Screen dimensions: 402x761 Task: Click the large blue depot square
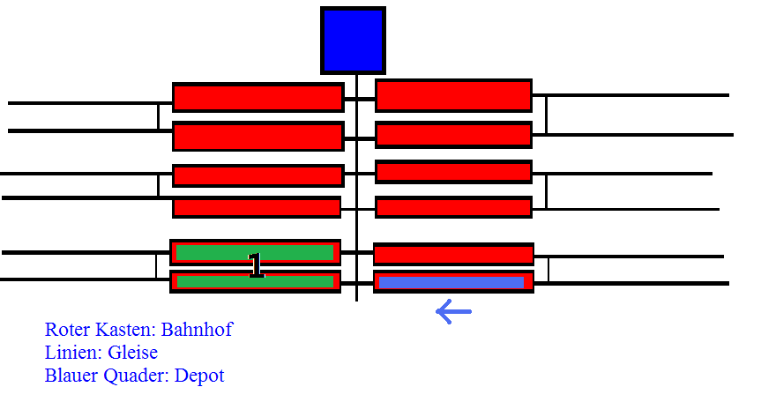tap(353, 41)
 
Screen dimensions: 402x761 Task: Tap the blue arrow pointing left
tap(453, 311)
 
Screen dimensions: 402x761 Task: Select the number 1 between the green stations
tap(256, 265)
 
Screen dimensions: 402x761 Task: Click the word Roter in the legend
tap(68, 330)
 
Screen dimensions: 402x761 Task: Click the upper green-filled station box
tap(255, 252)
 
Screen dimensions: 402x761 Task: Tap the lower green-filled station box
tap(255, 282)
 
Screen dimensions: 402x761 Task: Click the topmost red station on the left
tap(257, 97)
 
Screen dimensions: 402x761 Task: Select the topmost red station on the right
tap(453, 95)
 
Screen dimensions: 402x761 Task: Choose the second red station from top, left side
tap(257, 137)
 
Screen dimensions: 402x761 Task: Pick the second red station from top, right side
tap(453, 135)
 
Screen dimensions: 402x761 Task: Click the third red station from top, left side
tap(257, 175)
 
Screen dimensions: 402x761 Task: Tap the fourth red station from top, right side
tap(453, 207)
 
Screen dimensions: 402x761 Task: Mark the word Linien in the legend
tap(71, 353)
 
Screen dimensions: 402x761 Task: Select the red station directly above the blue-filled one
tap(453, 255)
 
